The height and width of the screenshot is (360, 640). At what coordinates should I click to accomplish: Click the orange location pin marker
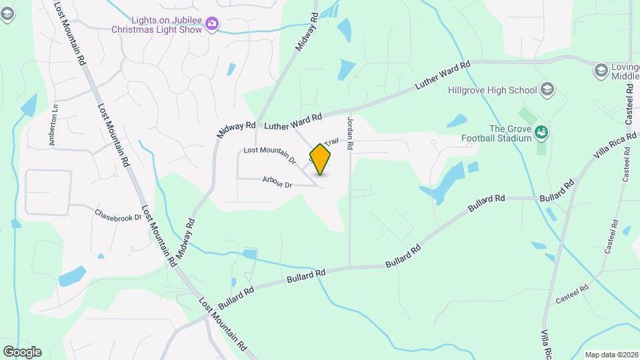coord(321,159)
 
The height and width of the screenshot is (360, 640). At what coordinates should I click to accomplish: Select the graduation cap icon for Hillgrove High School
coord(547,89)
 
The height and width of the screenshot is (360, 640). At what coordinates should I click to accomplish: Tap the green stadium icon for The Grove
coord(541,133)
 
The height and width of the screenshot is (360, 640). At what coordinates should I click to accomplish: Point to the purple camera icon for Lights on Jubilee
coord(212,25)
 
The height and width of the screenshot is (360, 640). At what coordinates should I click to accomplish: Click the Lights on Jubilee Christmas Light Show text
coord(157,25)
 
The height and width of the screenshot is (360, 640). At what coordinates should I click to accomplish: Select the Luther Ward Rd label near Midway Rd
coord(293,121)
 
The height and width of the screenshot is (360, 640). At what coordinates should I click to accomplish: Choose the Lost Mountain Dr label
coord(269,155)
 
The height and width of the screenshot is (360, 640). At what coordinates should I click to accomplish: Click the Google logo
coord(22,351)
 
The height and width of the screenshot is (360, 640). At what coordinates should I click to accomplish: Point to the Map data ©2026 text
coord(610,355)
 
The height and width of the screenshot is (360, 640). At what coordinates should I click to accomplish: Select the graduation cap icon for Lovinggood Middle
coord(600,70)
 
